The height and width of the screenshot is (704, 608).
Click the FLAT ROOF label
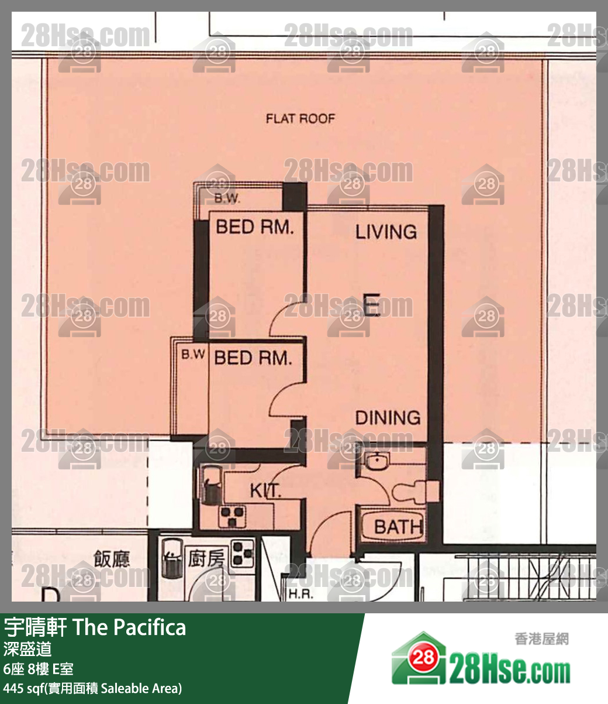300,119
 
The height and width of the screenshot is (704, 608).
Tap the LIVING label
386,232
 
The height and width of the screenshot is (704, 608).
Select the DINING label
388,418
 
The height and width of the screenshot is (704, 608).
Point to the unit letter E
372,304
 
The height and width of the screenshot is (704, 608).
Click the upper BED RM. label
255,227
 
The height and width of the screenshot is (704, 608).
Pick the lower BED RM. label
253,358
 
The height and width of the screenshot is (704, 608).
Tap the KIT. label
265,491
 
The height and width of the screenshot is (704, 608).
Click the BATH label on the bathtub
398,528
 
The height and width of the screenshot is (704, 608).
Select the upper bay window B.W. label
227,198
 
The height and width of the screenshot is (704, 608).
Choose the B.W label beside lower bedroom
193,355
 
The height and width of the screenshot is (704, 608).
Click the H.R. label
300,595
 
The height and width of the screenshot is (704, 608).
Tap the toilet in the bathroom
416,491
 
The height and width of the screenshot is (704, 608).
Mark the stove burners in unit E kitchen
232,516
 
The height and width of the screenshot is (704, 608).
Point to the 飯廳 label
112,559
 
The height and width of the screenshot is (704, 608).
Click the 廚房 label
206,558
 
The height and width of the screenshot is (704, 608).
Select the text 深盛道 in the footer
27,649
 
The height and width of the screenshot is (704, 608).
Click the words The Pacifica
130,627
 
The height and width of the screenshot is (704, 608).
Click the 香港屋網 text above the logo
541,639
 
